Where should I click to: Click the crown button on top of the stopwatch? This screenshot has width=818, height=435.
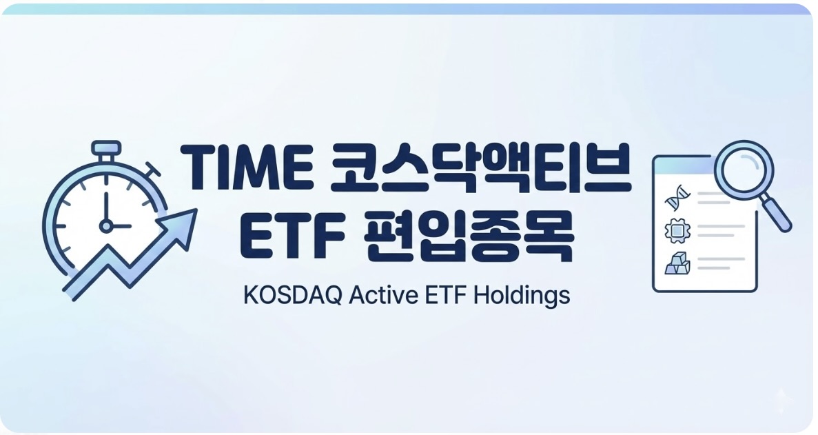tap(106, 148)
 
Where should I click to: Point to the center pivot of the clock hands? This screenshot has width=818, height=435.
tap(105, 224)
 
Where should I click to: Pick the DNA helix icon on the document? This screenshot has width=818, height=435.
tap(675, 200)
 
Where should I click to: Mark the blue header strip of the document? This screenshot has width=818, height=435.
tap(682, 163)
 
